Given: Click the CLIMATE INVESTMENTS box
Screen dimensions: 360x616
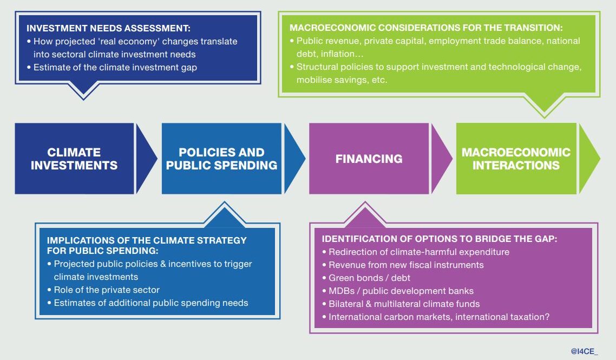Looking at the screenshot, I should coord(74,159).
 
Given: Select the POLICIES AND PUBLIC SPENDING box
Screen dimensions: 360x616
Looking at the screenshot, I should coord(221,159).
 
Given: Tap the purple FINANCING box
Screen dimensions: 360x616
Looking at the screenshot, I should coord(369,159).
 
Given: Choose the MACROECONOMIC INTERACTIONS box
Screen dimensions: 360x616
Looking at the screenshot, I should coord(516,159).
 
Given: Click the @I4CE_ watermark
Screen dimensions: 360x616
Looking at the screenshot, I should coord(585,351).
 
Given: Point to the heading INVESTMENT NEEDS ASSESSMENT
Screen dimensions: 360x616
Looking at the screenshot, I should coord(108,29).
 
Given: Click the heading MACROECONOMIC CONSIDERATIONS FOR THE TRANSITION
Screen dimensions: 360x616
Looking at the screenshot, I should coord(427,27).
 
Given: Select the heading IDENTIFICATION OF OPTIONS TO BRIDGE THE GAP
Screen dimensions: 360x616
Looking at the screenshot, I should coord(440,239).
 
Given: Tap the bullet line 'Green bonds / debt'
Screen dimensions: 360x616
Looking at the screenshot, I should coord(370,278).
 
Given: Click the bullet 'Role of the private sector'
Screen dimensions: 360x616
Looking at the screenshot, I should coord(107,290).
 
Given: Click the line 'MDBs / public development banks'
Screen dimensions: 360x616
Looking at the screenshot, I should coord(401,291).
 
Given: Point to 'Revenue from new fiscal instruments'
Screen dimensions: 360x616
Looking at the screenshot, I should coord(406,265).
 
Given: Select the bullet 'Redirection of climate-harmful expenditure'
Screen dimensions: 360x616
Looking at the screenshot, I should coord(419,252).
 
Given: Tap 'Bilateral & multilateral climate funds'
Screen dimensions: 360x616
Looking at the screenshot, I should coord(404,304).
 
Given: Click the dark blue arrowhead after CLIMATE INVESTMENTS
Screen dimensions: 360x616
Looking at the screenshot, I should coord(144,159).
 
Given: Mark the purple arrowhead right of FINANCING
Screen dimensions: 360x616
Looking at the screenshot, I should coord(440,159).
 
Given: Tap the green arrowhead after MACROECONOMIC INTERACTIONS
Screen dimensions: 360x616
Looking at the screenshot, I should coord(588,159).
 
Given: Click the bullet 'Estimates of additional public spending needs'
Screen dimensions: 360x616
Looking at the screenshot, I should coord(151,303).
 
